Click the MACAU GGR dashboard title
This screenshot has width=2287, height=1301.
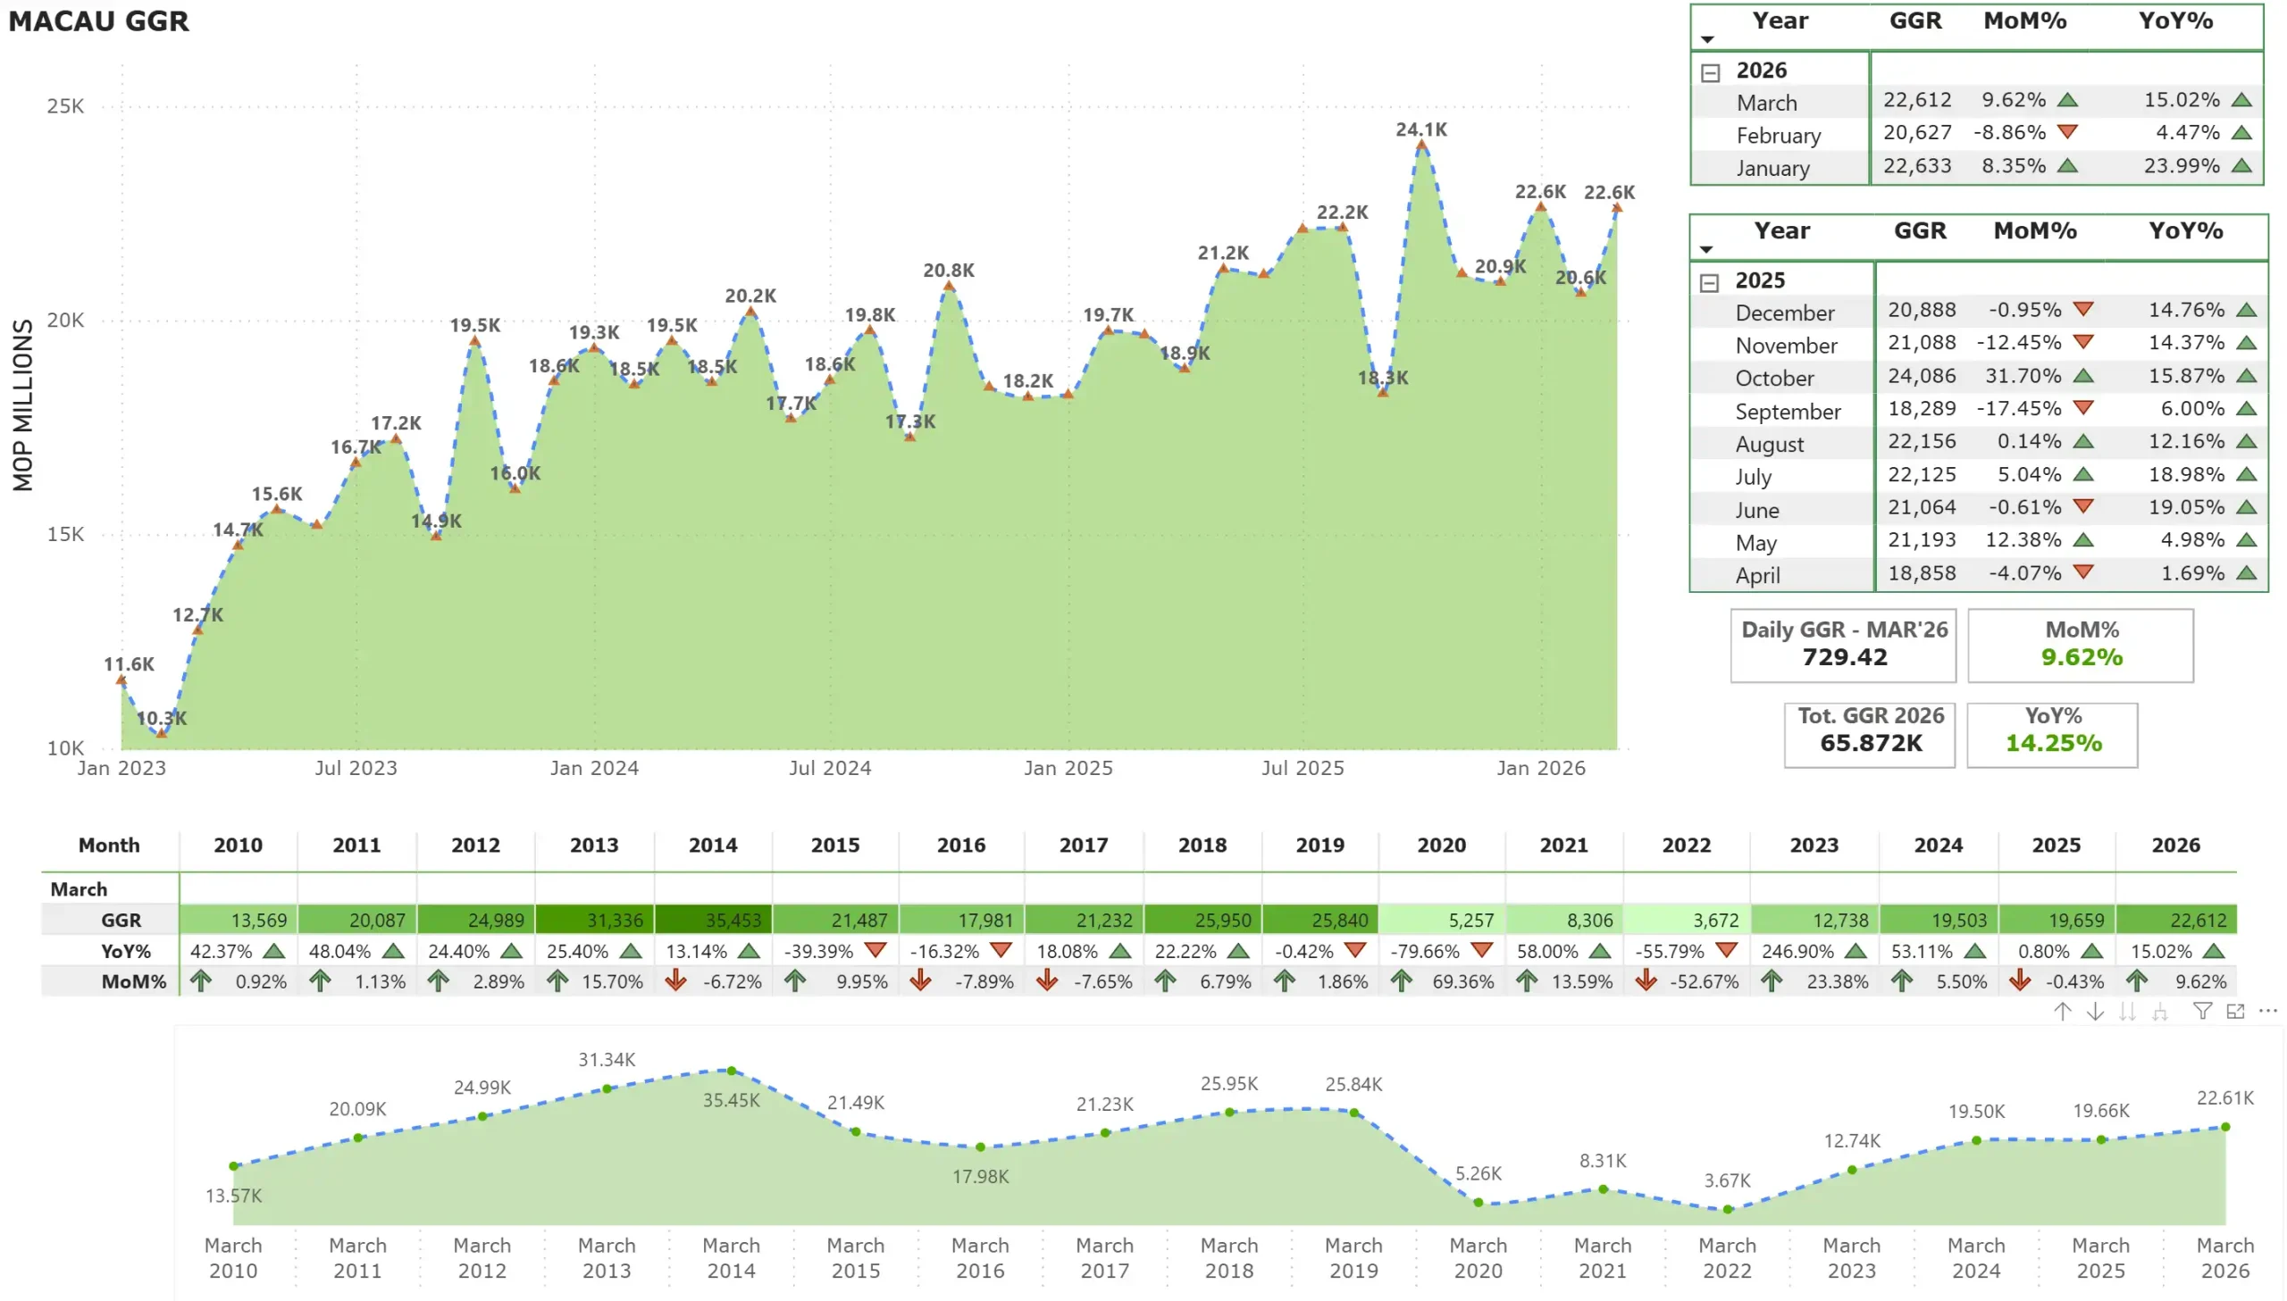[98, 21]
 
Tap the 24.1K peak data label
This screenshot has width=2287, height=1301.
[1421, 129]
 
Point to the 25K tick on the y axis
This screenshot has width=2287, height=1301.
[65, 106]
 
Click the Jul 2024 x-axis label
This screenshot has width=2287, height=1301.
[829, 768]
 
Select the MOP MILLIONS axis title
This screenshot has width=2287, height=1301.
[22, 404]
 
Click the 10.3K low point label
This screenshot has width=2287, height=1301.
[162, 718]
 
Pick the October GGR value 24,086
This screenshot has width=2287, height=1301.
[1922, 376]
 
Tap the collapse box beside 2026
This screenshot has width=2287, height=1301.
[1710, 72]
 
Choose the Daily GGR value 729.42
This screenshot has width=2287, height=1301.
[1844, 658]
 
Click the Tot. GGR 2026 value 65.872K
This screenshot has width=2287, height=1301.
[1871, 744]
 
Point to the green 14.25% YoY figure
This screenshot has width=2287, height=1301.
[2053, 744]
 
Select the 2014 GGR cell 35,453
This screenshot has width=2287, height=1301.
[733, 921]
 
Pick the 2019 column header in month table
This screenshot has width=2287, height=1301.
[1320, 846]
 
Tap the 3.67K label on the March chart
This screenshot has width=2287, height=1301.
[1727, 1180]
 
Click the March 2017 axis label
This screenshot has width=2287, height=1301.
[1104, 1258]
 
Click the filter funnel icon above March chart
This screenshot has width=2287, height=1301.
[2202, 1011]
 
